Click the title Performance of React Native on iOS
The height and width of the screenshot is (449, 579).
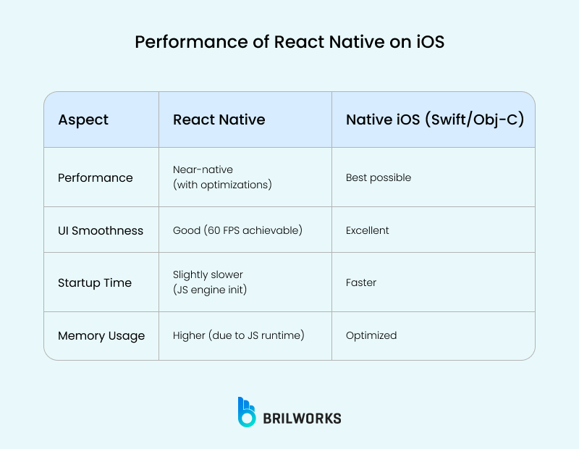coord(289,42)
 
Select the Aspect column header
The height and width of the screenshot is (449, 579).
coord(83,119)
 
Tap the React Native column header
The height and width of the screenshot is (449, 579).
coord(219,119)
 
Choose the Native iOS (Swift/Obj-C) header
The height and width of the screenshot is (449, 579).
coord(434,119)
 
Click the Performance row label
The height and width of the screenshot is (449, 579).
coord(95,177)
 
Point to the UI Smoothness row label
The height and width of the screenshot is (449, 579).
coord(100,230)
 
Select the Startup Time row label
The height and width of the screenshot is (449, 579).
coord(94,282)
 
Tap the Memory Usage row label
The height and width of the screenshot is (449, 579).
coord(101,335)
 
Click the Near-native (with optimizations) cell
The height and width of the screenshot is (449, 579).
coord(222,177)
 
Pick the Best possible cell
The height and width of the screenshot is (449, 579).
coord(378,177)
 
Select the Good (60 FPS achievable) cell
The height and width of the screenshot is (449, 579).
coord(237,230)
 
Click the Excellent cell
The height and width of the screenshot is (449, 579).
coord(367,230)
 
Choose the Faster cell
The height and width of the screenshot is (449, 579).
coord(361,282)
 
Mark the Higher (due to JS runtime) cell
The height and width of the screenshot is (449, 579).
coord(238,335)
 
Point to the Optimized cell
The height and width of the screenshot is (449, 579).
coord(371,335)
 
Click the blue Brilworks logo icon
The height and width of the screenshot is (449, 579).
coord(247,412)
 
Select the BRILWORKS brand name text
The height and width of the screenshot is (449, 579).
coord(302,418)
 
